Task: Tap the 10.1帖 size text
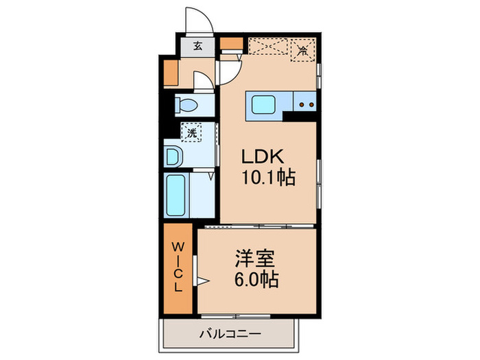(267, 179)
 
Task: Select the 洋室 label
(256, 259)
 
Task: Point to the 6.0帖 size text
(256, 280)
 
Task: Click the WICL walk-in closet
(178, 267)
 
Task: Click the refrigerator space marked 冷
(302, 50)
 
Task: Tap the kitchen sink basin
(263, 105)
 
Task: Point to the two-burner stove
(306, 105)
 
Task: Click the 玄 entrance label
(197, 47)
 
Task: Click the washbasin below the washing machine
(173, 156)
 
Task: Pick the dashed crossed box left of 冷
(269, 48)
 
